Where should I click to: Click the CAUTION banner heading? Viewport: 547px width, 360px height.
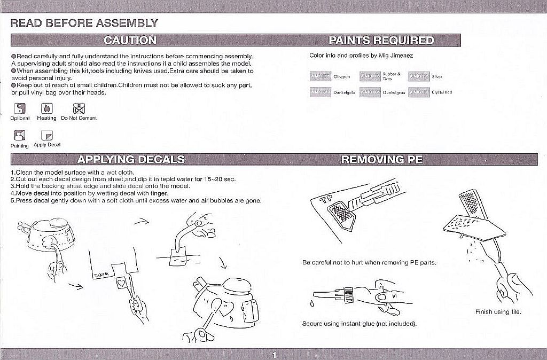130,40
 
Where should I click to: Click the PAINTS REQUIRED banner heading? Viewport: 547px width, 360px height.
381,40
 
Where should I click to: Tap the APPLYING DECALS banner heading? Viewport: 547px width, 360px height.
131,159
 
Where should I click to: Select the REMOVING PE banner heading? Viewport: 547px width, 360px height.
381,159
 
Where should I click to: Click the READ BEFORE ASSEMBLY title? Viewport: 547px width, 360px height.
84,23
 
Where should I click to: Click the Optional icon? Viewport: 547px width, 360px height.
20,109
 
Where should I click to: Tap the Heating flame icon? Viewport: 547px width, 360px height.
46,109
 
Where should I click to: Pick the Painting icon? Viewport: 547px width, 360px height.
20,136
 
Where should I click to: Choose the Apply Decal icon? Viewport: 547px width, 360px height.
47,136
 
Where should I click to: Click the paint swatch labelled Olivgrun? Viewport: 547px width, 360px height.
321,77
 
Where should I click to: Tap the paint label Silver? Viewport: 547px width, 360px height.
437,77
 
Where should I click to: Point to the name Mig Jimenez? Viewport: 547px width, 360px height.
396,56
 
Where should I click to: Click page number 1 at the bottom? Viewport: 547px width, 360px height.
274,355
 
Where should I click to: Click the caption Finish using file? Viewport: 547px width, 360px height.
498,311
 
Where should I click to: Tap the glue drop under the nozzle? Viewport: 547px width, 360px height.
312,303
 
